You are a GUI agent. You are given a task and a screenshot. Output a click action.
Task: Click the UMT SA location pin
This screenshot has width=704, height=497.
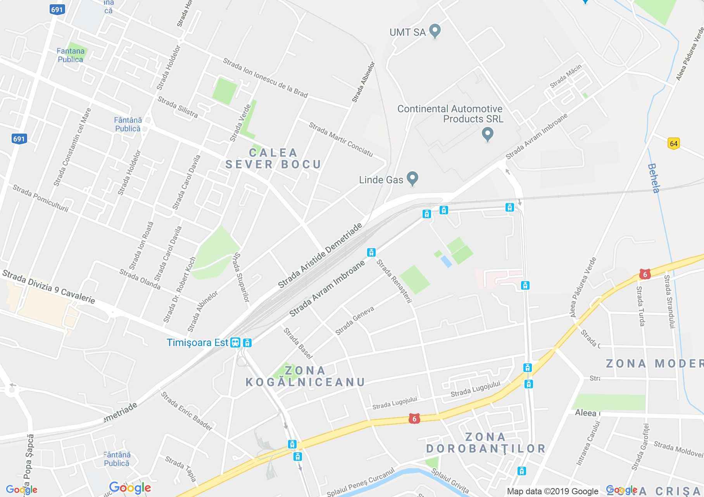(x=435, y=31)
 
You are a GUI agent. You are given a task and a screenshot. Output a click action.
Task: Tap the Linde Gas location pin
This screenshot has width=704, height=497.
(x=413, y=179)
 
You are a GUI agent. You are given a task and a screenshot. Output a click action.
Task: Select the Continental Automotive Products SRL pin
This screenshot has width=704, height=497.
(x=488, y=134)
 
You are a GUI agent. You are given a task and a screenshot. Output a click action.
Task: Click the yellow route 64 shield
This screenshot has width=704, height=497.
(x=674, y=144)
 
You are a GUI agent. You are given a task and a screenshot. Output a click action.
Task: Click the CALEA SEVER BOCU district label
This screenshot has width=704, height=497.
(x=273, y=158)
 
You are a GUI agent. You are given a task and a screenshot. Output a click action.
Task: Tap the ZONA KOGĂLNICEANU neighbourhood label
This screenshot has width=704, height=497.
(x=305, y=376)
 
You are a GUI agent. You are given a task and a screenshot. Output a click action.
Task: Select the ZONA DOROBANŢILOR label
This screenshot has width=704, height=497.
(x=486, y=443)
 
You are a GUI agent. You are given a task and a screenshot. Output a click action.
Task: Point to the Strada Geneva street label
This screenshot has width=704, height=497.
(x=355, y=320)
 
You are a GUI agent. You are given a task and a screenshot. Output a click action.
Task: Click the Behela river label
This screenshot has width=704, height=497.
(x=654, y=178)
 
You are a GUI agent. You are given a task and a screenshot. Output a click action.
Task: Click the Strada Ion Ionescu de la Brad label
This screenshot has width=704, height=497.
(x=265, y=78)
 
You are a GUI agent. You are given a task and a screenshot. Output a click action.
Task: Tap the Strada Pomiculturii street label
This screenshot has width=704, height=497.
(x=40, y=198)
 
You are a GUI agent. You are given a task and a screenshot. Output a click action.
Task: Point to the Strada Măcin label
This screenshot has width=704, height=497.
(x=566, y=76)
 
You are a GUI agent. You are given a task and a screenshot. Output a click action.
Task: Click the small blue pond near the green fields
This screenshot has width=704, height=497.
(x=446, y=261)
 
